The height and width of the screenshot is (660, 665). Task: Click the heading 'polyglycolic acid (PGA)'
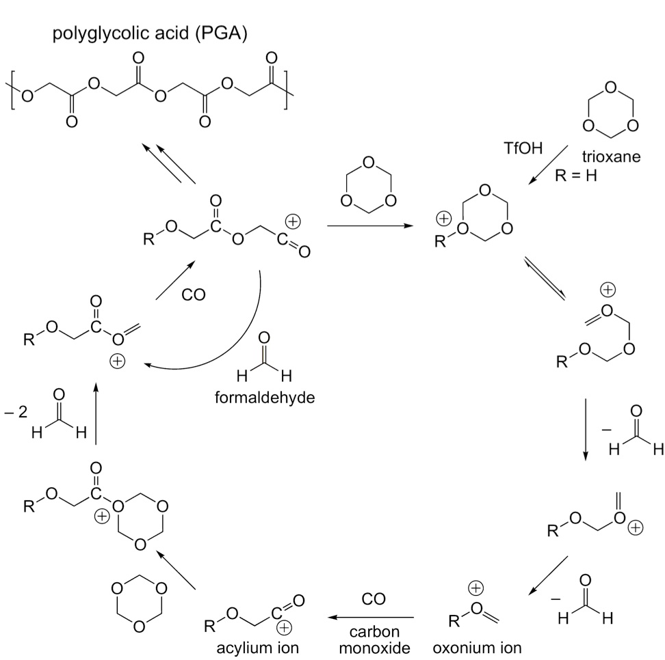pyautogui.click(x=150, y=33)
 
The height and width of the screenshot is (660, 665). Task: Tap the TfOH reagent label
pyautogui.click(x=523, y=148)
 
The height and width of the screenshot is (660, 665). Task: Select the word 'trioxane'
pyautogui.click(x=611, y=156)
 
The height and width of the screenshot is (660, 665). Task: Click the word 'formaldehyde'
pyautogui.click(x=265, y=398)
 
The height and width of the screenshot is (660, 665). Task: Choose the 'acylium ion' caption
pyautogui.click(x=257, y=648)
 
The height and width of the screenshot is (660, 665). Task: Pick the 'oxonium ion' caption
pyautogui.click(x=477, y=648)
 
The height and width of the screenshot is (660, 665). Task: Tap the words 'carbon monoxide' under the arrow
pyautogui.click(x=374, y=640)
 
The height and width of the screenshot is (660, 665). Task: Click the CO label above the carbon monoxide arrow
pyautogui.click(x=374, y=599)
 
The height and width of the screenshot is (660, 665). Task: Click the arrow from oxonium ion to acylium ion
pyautogui.click(x=371, y=618)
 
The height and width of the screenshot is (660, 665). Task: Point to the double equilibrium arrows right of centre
pyautogui.click(x=545, y=278)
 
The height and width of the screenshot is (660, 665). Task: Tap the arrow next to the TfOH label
pyautogui.click(x=548, y=165)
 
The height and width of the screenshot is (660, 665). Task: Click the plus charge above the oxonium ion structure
pyautogui.click(x=476, y=588)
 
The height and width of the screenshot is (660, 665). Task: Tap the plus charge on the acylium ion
pyautogui.click(x=284, y=628)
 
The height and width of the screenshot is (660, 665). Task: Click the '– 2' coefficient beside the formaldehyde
pyautogui.click(x=16, y=411)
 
